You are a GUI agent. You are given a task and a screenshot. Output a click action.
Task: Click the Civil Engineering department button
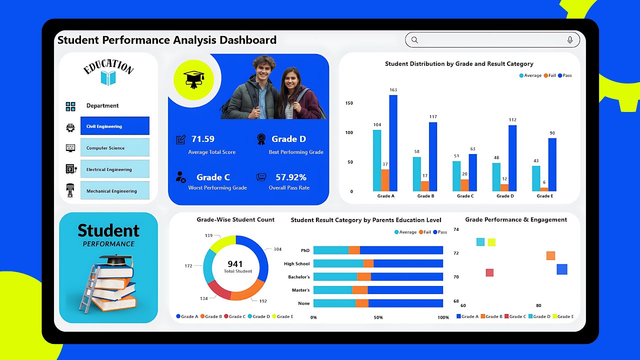coord(114,126)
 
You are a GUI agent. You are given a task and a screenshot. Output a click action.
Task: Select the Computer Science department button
coord(114,147)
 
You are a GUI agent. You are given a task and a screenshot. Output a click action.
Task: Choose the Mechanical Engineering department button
coord(114,190)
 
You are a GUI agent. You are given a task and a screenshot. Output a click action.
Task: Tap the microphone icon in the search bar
coord(569,40)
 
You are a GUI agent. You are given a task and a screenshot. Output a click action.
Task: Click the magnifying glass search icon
coord(414,40)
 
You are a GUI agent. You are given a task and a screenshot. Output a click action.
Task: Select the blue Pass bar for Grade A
coord(393,143)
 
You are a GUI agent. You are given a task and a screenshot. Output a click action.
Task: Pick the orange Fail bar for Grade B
coord(425,186)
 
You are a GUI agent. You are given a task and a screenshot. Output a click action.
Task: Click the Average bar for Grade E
coord(536,178)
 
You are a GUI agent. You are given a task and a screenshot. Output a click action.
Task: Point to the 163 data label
coord(393,90)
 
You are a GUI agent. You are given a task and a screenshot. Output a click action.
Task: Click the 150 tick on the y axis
coord(349,103)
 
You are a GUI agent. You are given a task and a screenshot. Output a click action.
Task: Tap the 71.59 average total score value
coord(203,139)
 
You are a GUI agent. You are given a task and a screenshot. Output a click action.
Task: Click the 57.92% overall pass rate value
coord(291,177)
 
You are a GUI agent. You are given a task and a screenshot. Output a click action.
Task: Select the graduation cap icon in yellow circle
coord(193,79)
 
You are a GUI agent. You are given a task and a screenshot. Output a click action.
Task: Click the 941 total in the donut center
coord(235,264)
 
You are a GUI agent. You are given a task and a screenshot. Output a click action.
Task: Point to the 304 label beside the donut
coord(277,249)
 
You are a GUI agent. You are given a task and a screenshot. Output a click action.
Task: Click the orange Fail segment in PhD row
coord(354,250)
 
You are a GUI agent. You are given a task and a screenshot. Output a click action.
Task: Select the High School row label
coord(296,263)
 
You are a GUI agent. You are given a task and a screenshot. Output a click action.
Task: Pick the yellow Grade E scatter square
coord(491,242)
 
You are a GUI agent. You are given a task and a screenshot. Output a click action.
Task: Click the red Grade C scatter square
coord(489,272)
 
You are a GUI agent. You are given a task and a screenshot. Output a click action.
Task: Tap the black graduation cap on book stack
coord(115,260)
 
